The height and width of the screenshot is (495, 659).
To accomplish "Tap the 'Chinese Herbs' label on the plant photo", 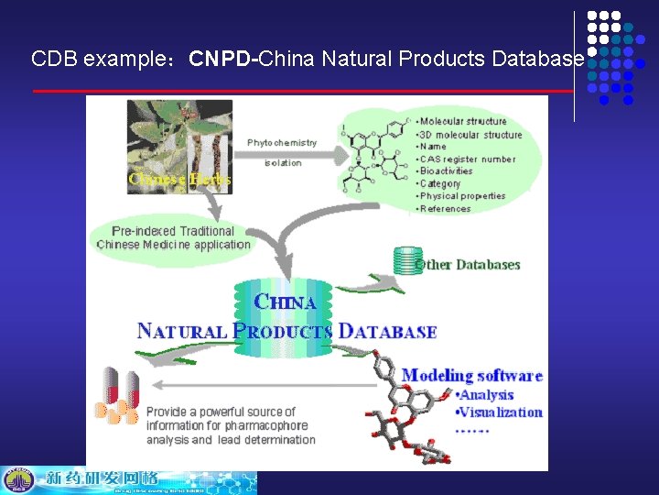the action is [179, 179].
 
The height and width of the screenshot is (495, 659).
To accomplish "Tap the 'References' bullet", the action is [447, 209].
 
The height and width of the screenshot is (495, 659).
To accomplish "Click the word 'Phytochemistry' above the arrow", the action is [282, 143].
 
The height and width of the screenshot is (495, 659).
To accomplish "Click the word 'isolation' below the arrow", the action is [283, 163].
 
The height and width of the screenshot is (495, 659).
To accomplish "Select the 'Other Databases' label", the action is [468, 265].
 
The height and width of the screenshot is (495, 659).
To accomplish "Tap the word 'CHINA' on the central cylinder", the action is [286, 302].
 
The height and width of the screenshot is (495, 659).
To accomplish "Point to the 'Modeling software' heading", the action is [472, 375].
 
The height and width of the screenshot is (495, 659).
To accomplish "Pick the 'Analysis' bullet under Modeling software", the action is [486, 394].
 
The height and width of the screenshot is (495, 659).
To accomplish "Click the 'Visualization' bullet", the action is [500, 412].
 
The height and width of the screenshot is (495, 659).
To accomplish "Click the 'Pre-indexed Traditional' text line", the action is [173, 231].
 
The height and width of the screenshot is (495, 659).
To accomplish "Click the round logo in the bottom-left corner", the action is [16, 480].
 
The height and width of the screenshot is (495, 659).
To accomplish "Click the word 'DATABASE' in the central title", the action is [387, 331].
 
